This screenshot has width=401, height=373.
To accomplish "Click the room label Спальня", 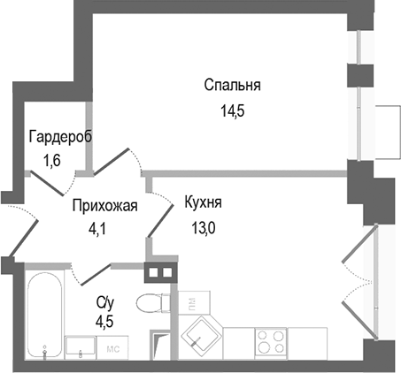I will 232,86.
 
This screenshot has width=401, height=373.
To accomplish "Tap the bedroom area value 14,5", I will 232,111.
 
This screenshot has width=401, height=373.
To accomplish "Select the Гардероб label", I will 59,138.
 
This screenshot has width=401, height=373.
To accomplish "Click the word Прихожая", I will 105,207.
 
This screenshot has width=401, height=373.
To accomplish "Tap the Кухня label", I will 203,202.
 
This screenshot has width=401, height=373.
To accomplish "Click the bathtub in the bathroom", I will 42,316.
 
